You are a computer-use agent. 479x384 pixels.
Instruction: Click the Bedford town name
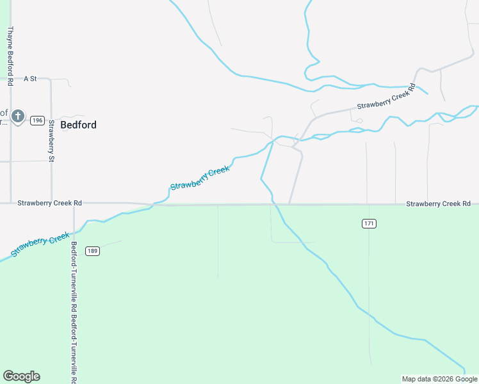click(78, 125)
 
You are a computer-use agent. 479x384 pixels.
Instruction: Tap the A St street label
click(30, 79)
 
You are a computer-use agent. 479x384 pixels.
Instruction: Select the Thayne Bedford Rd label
click(10, 56)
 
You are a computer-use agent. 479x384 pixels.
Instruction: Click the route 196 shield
click(37, 120)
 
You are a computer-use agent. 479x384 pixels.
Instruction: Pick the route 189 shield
click(92, 251)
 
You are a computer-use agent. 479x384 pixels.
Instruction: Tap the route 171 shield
click(368, 223)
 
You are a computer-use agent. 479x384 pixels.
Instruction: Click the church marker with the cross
click(18, 117)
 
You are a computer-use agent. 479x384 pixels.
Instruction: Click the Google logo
click(21, 376)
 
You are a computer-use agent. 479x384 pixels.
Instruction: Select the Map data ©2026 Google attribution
click(439, 379)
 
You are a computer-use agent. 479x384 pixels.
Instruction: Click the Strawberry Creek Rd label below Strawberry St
click(49, 203)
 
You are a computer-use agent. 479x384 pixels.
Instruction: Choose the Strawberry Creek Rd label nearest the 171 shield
click(438, 204)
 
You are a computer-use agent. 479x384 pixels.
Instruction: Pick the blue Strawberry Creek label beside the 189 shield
click(40, 244)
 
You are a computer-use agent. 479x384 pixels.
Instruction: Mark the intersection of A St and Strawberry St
click(51, 79)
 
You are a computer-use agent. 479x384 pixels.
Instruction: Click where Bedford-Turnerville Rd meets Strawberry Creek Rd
click(74, 204)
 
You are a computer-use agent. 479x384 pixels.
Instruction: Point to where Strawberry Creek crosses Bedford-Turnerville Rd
click(74, 227)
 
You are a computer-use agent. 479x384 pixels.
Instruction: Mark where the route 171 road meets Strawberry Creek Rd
click(368, 205)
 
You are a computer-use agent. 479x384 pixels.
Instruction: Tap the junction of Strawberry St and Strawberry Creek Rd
click(51, 204)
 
